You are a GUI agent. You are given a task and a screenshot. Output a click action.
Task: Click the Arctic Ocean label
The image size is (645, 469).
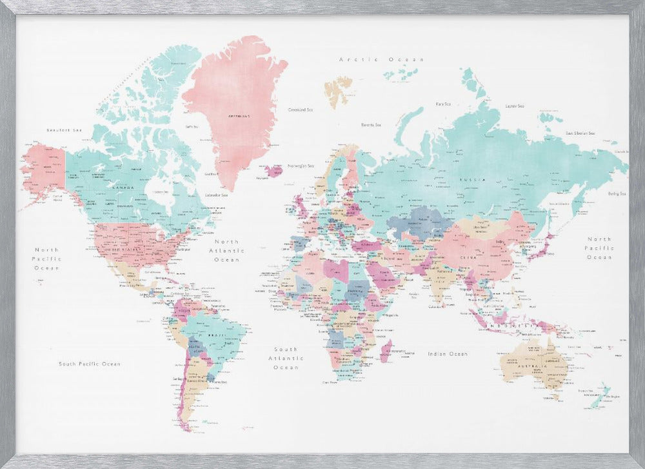382,59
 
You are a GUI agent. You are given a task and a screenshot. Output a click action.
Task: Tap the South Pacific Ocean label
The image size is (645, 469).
90,364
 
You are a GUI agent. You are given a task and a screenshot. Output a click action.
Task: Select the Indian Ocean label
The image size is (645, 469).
448,354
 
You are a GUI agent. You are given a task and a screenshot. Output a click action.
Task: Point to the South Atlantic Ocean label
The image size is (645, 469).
286,358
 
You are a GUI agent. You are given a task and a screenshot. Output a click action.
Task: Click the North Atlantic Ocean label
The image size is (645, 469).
226,250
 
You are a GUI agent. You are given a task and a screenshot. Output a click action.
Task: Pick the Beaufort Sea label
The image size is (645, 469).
65,130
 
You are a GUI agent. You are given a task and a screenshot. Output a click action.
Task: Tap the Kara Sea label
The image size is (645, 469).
442,103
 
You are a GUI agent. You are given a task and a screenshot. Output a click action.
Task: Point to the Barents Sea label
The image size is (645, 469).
370,125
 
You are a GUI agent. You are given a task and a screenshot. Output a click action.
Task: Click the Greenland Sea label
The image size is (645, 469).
300,110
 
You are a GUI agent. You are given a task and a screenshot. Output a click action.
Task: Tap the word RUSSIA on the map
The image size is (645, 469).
468,179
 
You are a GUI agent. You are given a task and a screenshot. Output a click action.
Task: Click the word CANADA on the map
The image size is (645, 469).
123,187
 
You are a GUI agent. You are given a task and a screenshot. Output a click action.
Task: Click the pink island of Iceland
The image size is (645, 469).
273,171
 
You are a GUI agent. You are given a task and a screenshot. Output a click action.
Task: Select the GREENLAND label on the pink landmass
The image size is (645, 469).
235,117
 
